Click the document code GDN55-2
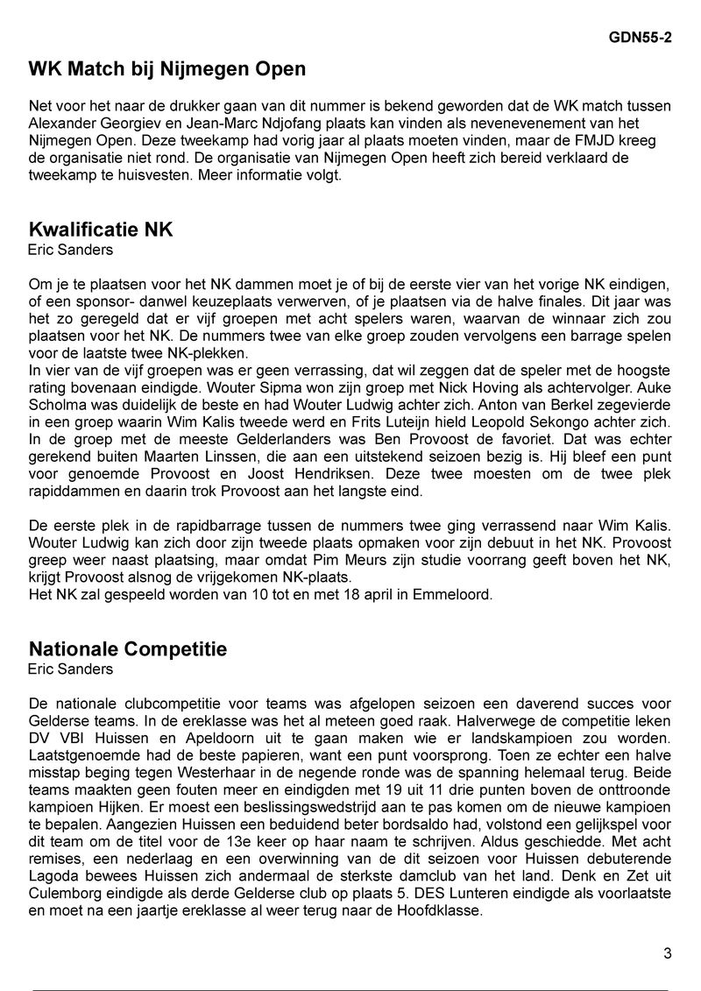click(640, 40)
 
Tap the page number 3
click(667, 953)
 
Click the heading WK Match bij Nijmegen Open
click(167, 68)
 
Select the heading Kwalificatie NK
click(101, 230)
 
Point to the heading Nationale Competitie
click(128, 649)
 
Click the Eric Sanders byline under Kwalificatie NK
click(71, 250)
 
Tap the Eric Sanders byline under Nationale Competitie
click(71, 669)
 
